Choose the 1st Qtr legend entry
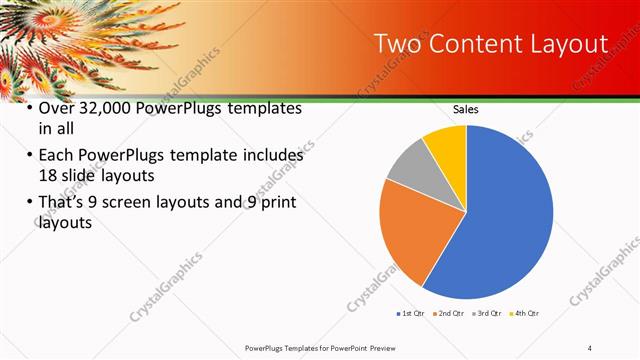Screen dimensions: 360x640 click(x=412, y=313)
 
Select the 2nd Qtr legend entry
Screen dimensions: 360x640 click(x=449, y=313)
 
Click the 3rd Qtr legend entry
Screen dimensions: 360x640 click(x=487, y=313)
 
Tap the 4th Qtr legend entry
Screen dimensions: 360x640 click(x=525, y=313)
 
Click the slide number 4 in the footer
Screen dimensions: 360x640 click(x=589, y=347)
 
